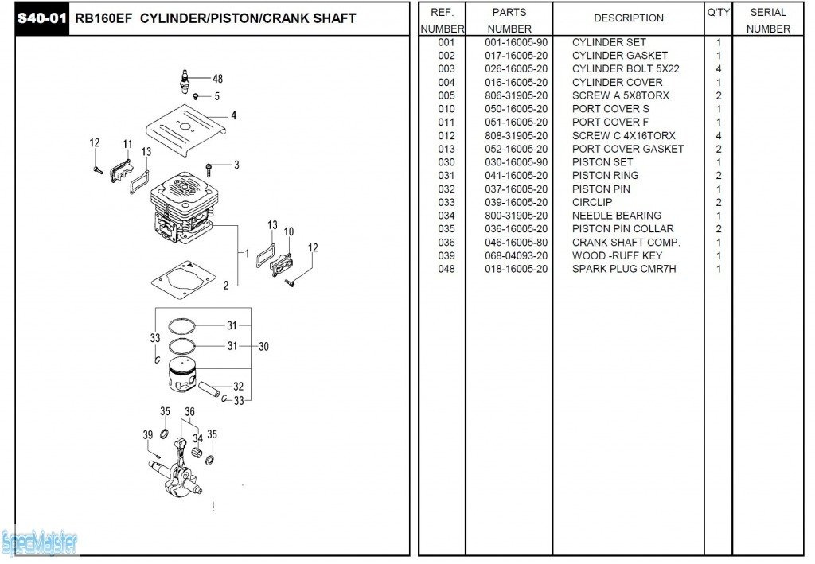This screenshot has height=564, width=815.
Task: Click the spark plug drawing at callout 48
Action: (185, 81)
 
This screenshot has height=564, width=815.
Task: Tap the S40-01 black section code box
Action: (42, 19)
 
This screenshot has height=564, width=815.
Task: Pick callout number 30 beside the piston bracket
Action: (263, 346)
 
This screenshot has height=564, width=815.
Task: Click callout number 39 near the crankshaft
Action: (148, 434)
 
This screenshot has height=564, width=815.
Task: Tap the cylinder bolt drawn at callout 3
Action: (209, 169)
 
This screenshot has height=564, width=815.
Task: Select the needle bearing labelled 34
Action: (197, 453)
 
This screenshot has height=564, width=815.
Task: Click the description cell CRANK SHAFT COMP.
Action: (626, 243)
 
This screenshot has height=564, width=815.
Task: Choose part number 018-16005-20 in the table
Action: (516, 269)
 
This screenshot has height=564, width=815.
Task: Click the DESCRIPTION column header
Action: (629, 18)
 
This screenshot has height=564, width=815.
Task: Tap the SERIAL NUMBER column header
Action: (768, 20)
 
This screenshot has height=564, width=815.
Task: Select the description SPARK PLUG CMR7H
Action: (624, 269)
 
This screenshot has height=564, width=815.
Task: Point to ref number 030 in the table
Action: (446, 162)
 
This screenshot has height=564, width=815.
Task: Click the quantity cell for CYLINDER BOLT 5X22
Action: (719, 69)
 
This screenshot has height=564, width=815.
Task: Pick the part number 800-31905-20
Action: (516, 216)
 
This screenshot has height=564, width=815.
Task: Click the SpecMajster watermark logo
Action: (40, 543)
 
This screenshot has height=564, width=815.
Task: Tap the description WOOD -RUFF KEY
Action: (617, 256)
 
